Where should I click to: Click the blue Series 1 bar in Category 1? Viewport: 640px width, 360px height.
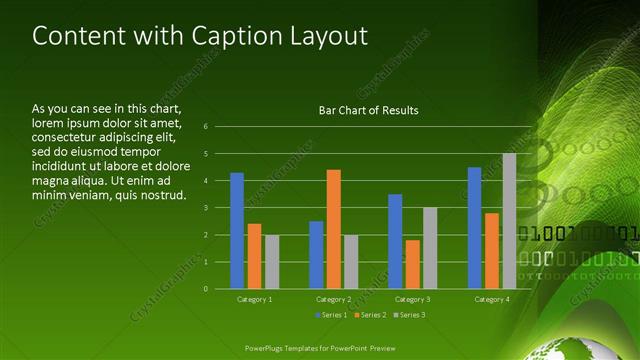coord(237,231)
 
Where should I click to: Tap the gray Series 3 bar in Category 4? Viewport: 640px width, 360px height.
coord(509,221)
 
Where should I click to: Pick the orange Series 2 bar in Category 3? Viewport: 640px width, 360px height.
coord(413,264)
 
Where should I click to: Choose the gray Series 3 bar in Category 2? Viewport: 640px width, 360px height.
coord(351,262)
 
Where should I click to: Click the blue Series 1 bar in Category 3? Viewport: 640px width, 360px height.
coord(395,241)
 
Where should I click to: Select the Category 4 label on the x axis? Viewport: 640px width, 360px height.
coord(491,299)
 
